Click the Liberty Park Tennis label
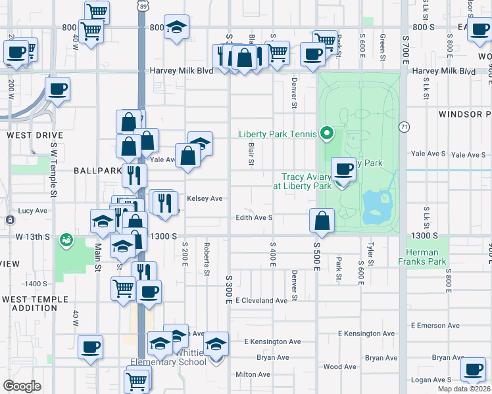pyautogui.click(x=278, y=134)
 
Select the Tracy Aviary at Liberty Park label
pyautogui.click(x=307, y=181)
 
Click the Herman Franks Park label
pyautogui.click(x=422, y=257)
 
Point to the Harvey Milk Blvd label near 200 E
pyautogui.click(x=182, y=70)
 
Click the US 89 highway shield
pyautogui.click(x=143, y=6)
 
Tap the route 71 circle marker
pyautogui.click(x=404, y=125)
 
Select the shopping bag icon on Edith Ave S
pyautogui.click(x=322, y=221)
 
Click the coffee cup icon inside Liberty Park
pyautogui.click(x=343, y=169)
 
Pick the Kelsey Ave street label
pyautogui.click(x=205, y=198)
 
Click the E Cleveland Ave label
pyautogui.click(x=261, y=300)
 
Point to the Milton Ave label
pyautogui.click(x=253, y=374)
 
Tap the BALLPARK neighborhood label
pyautogui.click(x=97, y=170)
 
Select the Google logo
pyautogui.click(x=22, y=386)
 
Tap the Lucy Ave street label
pyautogui.click(x=33, y=211)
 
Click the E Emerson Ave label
pyautogui.click(x=435, y=325)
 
